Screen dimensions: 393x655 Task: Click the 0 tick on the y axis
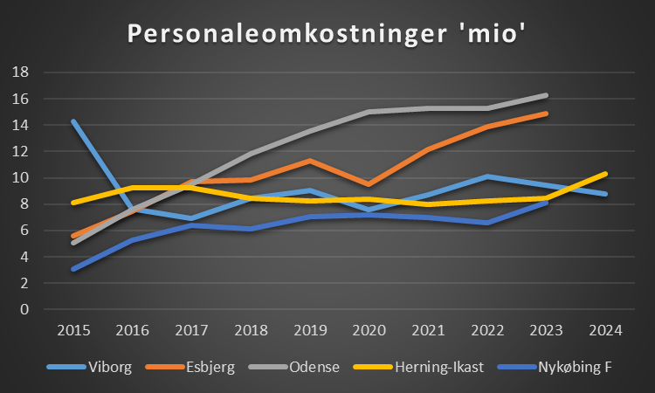pos(24,309)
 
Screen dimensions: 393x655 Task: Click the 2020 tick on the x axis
pos(367,331)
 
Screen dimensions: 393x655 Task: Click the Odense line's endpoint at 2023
pos(545,95)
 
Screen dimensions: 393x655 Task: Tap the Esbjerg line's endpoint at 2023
pos(545,114)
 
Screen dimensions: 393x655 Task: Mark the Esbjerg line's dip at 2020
pos(368,184)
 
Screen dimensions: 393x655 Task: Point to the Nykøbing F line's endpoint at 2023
pos(545,203)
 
